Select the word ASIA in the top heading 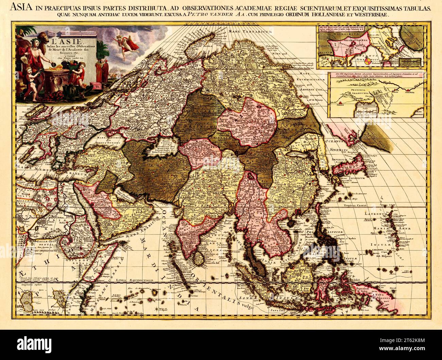[21, 8]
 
